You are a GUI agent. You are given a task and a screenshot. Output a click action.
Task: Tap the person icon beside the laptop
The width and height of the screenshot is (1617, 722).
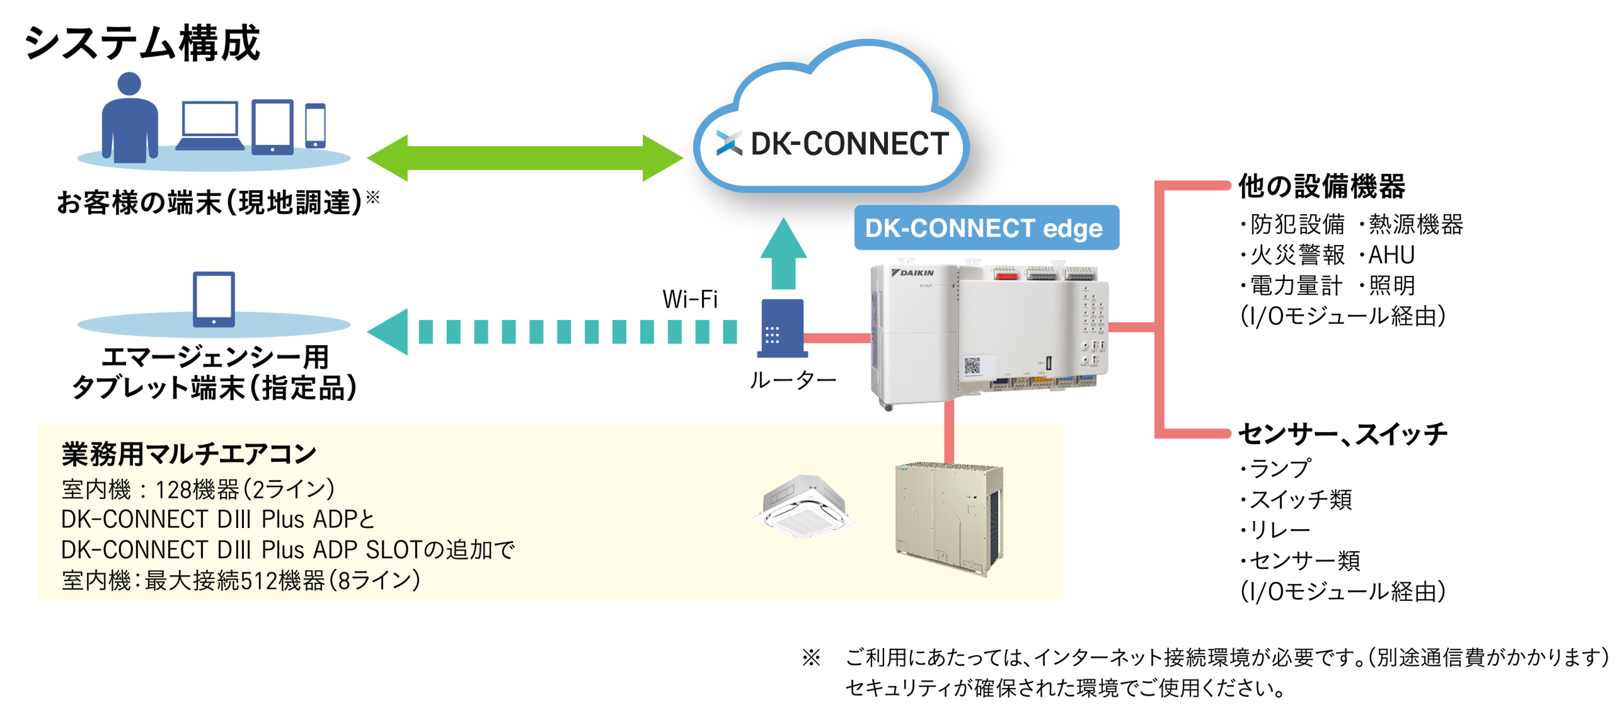[x=130, y=119]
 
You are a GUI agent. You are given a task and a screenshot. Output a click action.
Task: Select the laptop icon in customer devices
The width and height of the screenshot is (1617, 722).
[x=210, y=126]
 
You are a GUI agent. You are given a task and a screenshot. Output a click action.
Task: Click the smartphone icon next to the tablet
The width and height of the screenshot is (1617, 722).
[x=315, y=126]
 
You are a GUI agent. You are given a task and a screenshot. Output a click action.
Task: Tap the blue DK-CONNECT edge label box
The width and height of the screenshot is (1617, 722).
[x=985, y=228]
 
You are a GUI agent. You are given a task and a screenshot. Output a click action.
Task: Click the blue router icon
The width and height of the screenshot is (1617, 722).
[x=782, y=328]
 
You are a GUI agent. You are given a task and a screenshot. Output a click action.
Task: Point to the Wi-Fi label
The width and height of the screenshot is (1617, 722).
[x=690, y=299]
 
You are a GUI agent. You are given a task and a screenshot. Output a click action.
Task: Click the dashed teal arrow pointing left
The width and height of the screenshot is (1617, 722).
[x=552, y=332]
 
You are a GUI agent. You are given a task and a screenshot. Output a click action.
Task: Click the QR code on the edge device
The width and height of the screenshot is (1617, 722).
[x=971, y=365]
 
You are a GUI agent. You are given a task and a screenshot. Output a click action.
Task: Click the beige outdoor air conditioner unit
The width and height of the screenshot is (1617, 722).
[x=948, y=518]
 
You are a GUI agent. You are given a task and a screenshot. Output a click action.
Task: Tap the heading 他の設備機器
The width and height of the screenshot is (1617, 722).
[x=1321, y=186]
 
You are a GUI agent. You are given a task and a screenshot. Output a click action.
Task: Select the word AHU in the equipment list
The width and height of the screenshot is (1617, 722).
[x=1391, y=255]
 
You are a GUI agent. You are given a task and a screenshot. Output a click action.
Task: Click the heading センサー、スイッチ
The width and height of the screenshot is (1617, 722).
[x=1342, y=433]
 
